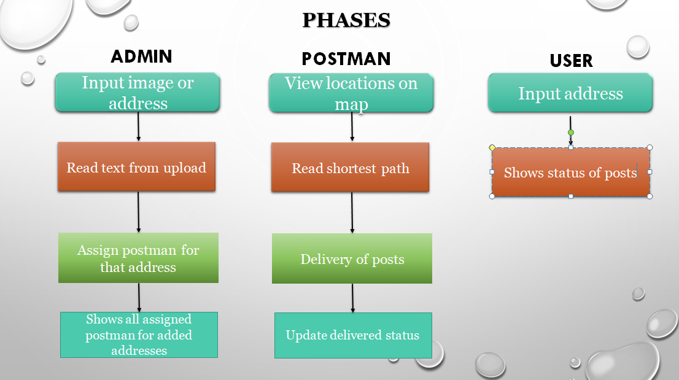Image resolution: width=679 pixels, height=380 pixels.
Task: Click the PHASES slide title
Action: (x=346, y=20)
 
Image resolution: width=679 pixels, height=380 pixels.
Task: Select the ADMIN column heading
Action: (x=142, y=56)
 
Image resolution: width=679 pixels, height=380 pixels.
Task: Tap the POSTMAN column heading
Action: (x=346, y=59)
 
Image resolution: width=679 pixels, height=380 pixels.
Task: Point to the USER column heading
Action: (x=571, y=61)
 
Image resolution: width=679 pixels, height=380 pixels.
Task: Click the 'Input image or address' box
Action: (x=138, y=93)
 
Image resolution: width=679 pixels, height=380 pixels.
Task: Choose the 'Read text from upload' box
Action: (x=136, y=166)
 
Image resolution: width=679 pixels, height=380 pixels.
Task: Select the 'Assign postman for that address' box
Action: (x=138, y=258)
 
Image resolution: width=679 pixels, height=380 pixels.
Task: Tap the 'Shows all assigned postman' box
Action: (x=139, y=335)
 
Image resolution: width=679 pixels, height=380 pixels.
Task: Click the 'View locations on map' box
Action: (x=351, y=93)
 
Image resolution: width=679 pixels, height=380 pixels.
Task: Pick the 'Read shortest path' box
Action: (x=351, y=167)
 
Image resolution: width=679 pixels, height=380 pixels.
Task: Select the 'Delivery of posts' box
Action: (x=352, y=258)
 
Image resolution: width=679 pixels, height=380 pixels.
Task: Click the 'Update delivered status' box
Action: (x=353, y=335)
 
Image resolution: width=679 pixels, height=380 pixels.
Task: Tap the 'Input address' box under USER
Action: (x=570, y=93)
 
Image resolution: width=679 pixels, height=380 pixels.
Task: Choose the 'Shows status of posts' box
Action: (x=571, y=173)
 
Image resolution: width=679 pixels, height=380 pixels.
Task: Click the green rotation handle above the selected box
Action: (x=571, y=133)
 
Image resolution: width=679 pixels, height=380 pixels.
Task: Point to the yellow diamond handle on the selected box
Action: (x=492, y=147)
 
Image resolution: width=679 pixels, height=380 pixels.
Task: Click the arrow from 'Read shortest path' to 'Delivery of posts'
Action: (x=352, y=212)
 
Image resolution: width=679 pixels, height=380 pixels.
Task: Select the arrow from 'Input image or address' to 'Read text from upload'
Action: (x=139, y=127)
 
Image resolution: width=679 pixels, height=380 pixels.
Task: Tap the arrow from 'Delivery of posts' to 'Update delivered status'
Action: (x=352, y=298)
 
